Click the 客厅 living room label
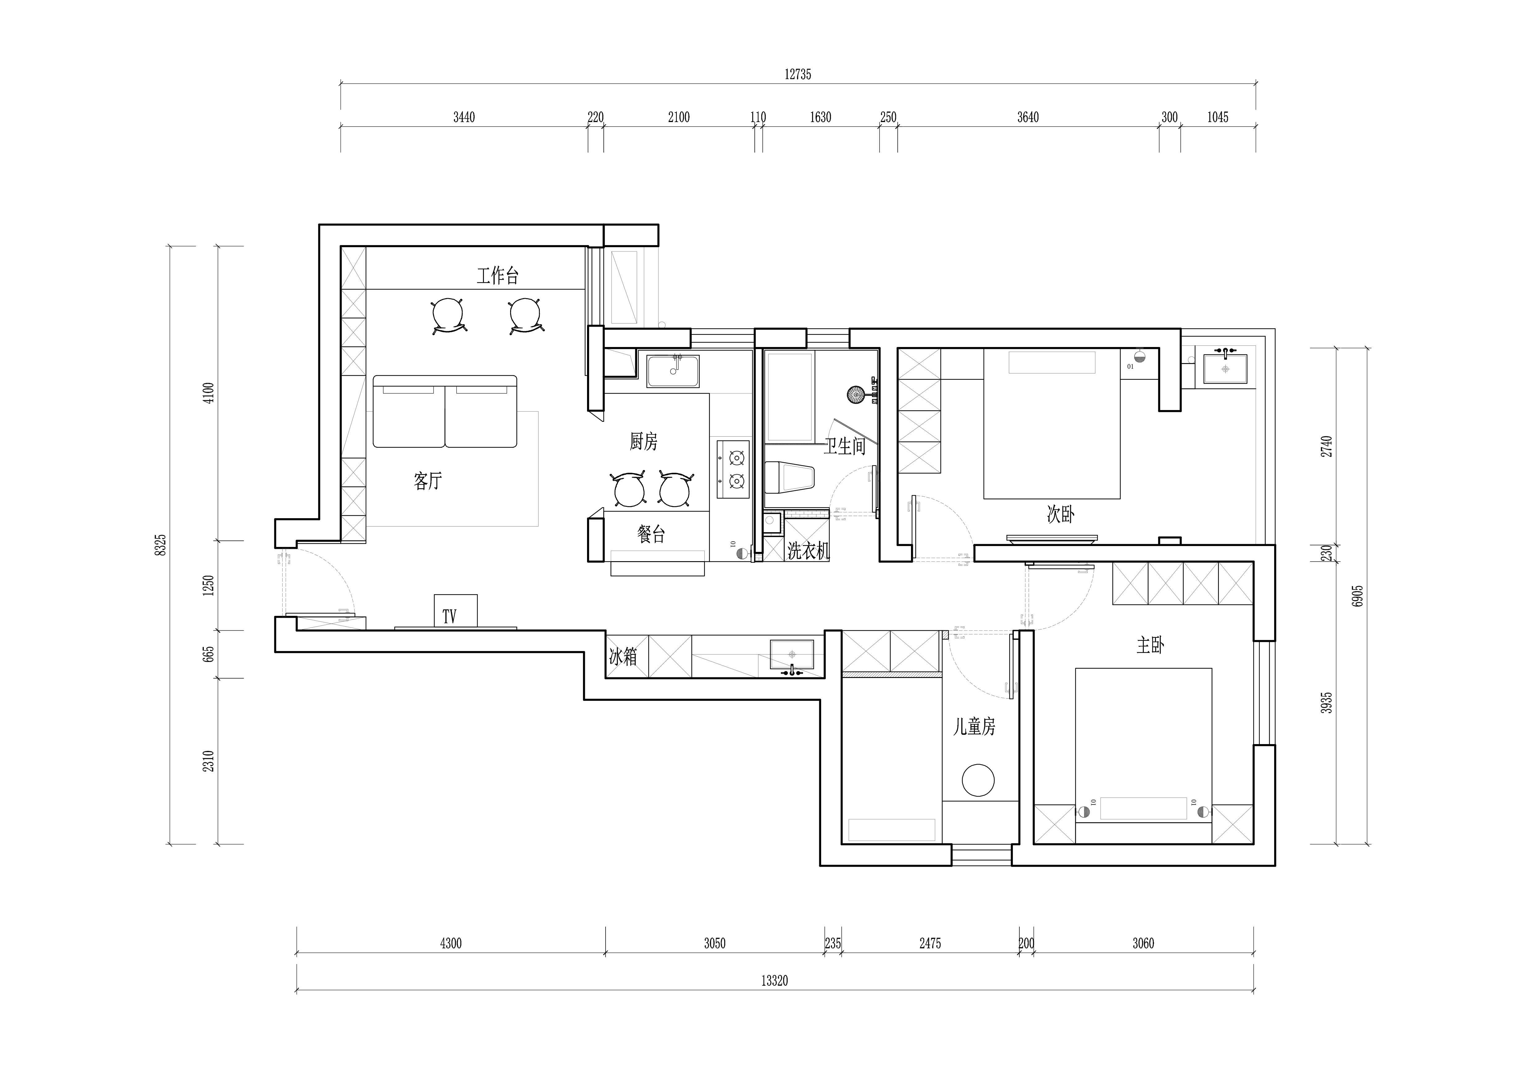[x=428, y=481]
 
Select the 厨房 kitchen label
[x=643, y=441]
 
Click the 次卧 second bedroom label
[x=1060, y=514]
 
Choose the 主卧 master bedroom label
[x=1150, y=645]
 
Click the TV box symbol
[x=456, y=611]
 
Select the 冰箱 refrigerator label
[x=623, y=657]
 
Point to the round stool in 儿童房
[x=978, y=780]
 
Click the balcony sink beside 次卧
[x=1225, y=368]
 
